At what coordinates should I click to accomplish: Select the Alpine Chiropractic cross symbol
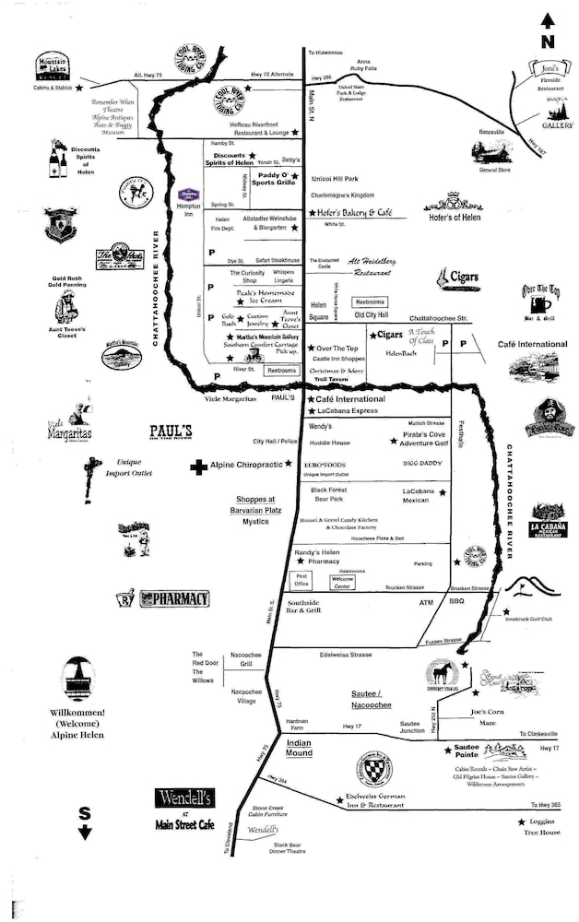(x=197, y=467)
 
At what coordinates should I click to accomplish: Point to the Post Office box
(x=301, y=580)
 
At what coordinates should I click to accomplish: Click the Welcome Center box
(x=342, y=582)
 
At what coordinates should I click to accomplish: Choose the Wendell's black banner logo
(x=184, y=798)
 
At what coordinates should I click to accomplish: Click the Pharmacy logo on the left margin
(x=162, y=598)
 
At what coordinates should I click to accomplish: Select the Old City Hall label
(x=372, y=315)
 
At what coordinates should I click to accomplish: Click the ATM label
(x=425, y=602)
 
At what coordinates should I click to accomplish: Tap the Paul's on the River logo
(x=171, y=432)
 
